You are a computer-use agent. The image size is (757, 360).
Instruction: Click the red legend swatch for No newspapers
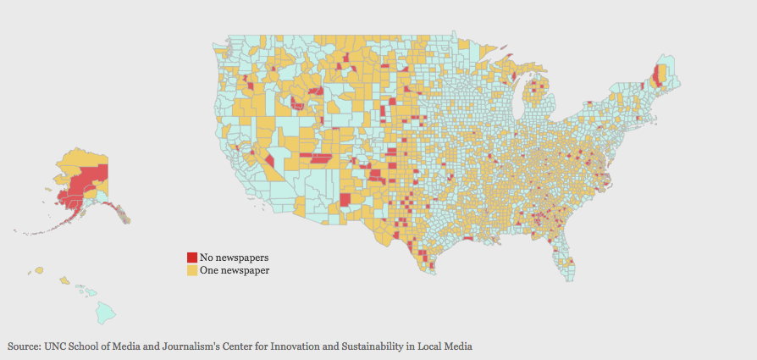coord(192,257)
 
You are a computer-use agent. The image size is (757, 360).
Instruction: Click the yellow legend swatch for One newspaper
coord(192,270)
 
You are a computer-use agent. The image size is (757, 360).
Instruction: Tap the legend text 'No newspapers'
coord(235,257)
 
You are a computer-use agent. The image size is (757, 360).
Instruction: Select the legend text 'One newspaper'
coord(235,270)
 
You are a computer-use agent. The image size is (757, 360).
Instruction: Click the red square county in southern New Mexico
coord(345,200)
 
